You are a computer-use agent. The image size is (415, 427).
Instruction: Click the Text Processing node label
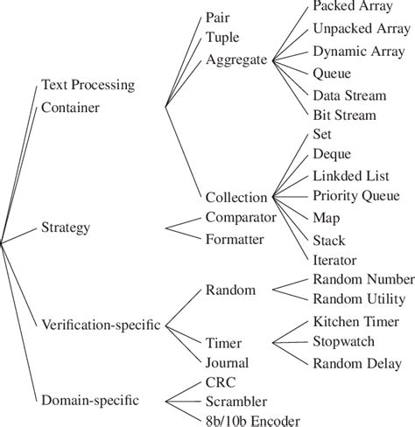point(88,85)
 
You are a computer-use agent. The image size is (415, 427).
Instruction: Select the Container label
point(70,108)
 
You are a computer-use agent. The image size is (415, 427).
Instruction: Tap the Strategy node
point(66,227)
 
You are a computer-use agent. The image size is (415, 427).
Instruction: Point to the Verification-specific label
point(101,325)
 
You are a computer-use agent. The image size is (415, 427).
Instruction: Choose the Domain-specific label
point(90,400)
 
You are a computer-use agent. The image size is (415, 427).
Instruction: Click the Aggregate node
point(236,59)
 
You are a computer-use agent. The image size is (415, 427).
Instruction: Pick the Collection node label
point(236,198)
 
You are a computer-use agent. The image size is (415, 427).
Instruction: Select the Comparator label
point(241,217)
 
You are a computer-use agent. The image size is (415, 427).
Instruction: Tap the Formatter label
point(235,240)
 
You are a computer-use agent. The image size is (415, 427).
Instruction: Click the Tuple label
point(222,38)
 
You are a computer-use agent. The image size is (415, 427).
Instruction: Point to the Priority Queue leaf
point(356,196)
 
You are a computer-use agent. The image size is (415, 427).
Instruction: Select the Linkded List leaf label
point(351,176)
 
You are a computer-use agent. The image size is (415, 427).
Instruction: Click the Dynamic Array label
point(359,52)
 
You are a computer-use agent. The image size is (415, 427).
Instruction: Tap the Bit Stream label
point(344,115)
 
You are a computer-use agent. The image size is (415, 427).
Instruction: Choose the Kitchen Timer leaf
point(356,322)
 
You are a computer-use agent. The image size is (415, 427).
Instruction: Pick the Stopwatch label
point(344,341)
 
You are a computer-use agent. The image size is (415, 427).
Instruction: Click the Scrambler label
point(236,402)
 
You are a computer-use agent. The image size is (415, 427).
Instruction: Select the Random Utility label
point(359,299)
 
